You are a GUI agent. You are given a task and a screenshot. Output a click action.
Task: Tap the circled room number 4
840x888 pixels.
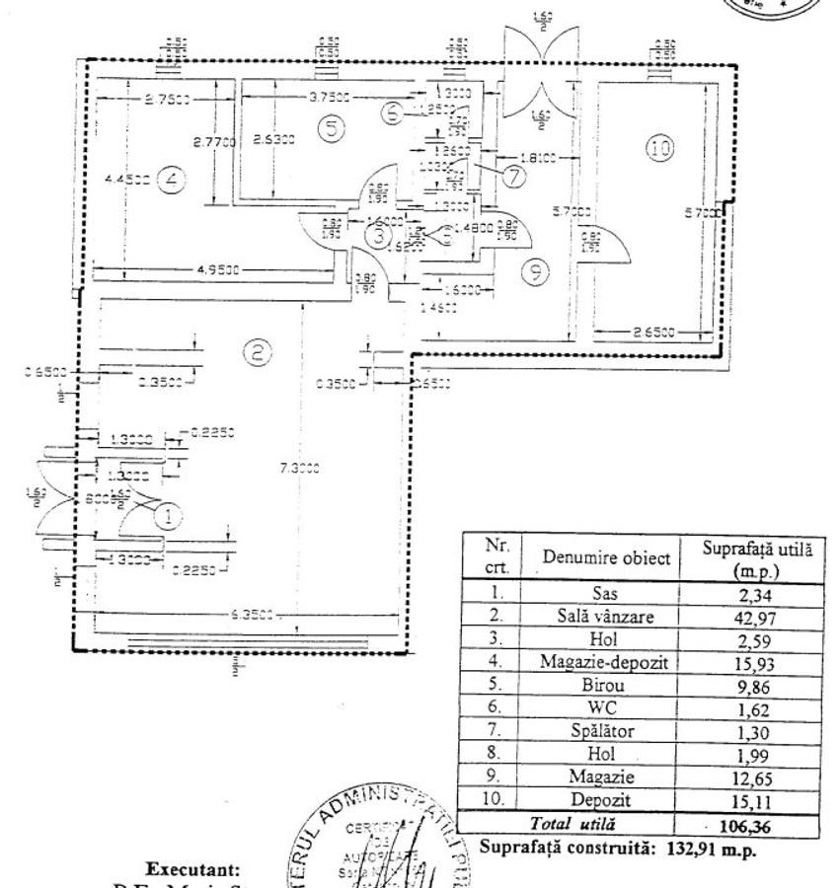coord(172,181)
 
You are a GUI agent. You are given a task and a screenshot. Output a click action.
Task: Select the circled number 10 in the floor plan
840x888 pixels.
coord(660,149)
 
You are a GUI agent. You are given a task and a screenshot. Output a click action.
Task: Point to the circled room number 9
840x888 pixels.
coord(534,274)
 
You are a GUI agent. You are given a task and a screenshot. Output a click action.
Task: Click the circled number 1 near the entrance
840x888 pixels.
coord(170,513)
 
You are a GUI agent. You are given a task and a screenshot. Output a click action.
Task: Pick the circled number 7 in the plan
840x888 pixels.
coord(513,177)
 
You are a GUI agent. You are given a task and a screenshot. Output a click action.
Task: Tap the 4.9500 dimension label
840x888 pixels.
coord(215,267)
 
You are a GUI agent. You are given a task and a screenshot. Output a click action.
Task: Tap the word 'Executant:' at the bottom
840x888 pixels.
coord(193,869)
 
